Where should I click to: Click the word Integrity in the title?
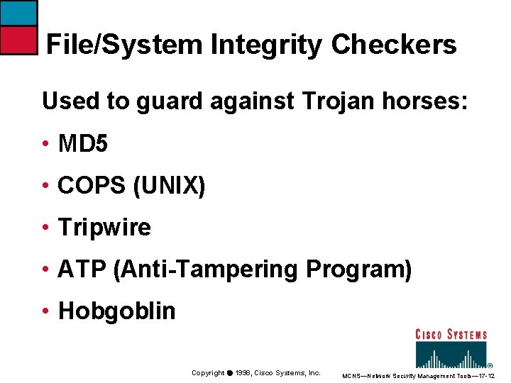267,45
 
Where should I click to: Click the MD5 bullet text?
83,145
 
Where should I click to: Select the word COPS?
92,187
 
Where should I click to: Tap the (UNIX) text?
169,187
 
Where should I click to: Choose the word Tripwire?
104,228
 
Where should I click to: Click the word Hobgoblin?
116,311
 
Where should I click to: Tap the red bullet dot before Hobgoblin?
45,311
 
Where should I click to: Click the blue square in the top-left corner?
18,13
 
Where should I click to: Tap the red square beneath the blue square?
18,40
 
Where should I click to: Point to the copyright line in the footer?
255,373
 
